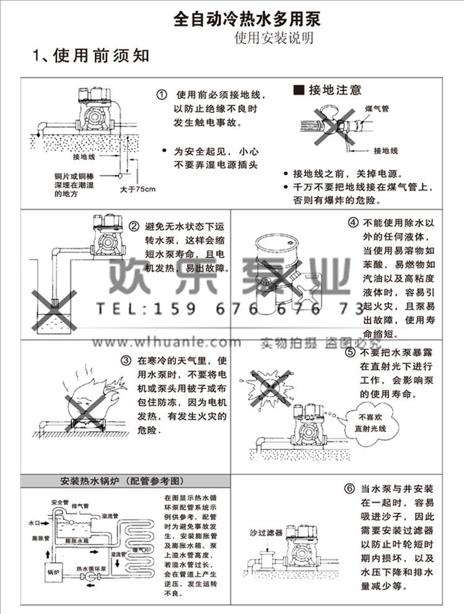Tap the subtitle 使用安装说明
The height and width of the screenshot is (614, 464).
(273, 38)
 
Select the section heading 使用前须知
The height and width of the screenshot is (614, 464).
(90, 56)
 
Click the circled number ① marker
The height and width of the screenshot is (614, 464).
(162, 95)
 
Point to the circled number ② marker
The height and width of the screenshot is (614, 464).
(133, 226)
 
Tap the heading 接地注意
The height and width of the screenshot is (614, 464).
(328, 91)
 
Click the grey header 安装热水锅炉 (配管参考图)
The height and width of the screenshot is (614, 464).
(122, 481)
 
